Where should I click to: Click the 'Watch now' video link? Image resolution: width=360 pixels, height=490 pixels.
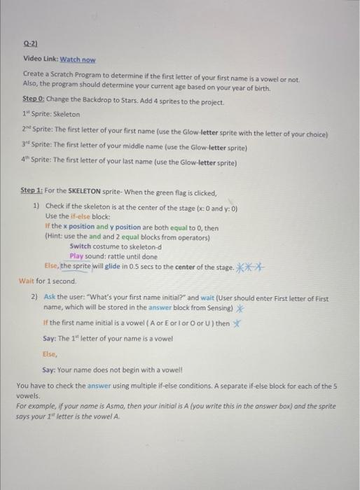click(x=78, y=60)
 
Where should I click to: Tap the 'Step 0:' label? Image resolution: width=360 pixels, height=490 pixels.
click(x=33, y=102)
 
